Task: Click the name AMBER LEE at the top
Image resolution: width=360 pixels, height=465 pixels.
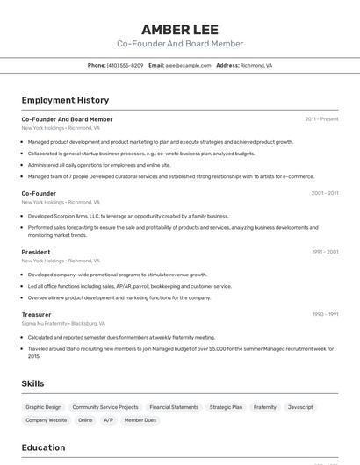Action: click(x=179, y=29)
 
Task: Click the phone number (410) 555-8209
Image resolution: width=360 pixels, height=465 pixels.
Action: click(x=125, y=65)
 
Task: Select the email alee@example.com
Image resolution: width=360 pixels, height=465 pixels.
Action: click(x=188, y=65)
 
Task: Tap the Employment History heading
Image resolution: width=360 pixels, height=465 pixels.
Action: click(x=65, y=101)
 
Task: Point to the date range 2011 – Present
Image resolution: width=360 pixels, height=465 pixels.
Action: click(x=321, y=119)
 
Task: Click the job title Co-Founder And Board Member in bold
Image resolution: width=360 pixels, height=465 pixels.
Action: click(x=67, y=119)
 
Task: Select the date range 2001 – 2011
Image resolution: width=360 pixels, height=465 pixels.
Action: click(x=324, y=193)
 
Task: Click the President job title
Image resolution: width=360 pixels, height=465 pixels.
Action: click(x=36, y=252)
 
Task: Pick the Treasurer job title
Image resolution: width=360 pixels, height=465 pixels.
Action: click(x=36, y=314)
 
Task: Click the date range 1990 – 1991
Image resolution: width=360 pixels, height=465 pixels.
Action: click(x=324, y=314)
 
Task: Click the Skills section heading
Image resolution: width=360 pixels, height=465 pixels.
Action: click(x=32, y=383)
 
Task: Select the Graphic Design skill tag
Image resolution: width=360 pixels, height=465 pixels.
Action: click(x=44, y=407)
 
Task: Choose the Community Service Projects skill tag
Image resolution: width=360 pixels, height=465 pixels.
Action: click(x=105, y=407)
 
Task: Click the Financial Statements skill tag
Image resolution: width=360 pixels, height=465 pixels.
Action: click(x=174, y=407)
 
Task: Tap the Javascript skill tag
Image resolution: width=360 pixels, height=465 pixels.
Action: click(x=300, y=407)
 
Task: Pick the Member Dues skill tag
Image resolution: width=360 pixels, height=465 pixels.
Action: click(x=140, y=420)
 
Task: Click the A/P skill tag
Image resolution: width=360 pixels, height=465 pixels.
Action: click(x=108, y=420)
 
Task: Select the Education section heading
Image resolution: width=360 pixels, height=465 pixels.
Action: click(x=43, y=447)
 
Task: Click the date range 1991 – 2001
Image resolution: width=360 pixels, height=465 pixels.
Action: click(x=324, y=252)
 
